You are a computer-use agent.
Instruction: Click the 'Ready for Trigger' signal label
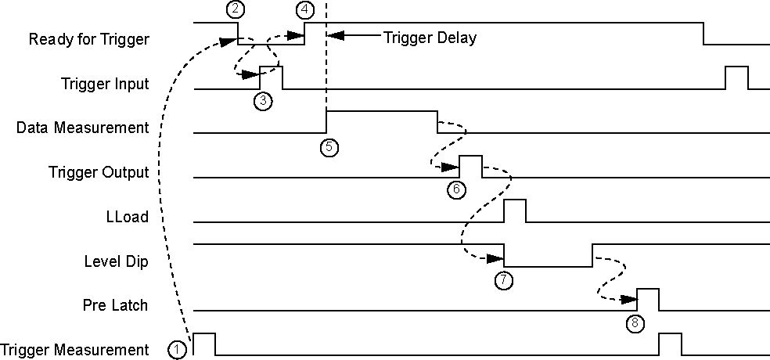coord(88,38)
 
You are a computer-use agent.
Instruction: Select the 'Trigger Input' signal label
coord(105,83)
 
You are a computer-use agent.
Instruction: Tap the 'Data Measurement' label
coord(82,128)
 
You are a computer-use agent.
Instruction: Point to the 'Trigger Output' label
coord(98,172)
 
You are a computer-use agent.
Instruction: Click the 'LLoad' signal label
coord(127,217)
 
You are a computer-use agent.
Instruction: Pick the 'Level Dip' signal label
coord(116,261)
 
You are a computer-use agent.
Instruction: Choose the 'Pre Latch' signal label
coord(115,305)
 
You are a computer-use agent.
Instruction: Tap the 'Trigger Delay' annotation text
coord(430,37)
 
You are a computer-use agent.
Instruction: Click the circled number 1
coord(178,350)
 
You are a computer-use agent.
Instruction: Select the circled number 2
coord(234,10)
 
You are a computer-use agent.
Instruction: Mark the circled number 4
coord(305,10)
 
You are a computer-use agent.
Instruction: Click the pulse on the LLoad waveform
coord(515,211)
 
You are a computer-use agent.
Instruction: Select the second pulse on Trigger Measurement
coord(670,344)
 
